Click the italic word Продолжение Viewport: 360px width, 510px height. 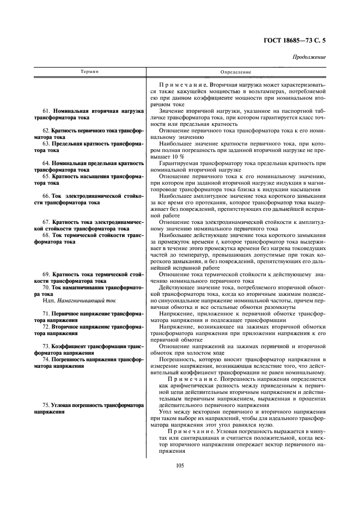309,57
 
